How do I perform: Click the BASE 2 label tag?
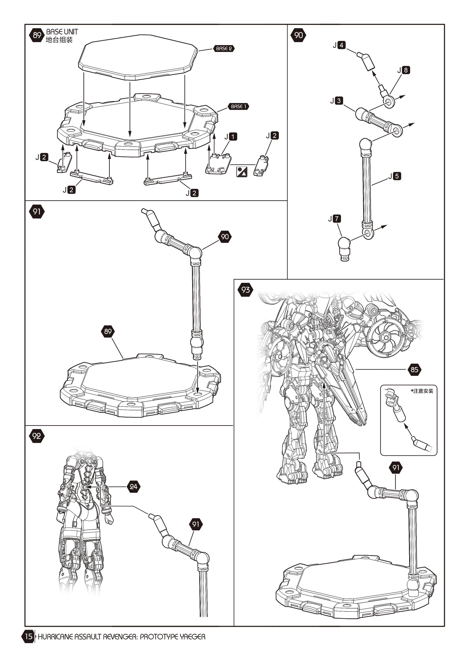224,49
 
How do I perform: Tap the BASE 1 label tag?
238,106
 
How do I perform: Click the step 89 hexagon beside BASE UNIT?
37,35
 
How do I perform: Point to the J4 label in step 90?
339,45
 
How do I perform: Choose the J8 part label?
403,70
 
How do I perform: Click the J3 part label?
337,101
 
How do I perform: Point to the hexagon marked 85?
414,369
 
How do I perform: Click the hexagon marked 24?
133,487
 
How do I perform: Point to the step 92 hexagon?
37,436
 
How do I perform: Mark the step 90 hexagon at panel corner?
298,35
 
